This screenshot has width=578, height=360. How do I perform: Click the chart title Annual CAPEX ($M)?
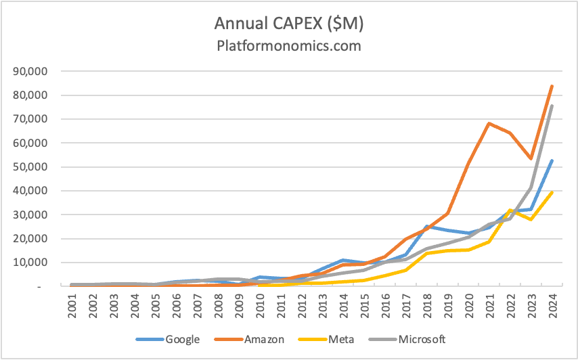click(288, 23)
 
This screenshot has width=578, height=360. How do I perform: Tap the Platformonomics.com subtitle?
click(288, 46)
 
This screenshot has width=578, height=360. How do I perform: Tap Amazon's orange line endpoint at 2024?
click(552, 86)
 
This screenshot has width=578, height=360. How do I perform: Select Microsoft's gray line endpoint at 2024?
click(552, 106)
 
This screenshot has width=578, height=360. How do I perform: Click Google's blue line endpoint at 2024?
click(552, 160)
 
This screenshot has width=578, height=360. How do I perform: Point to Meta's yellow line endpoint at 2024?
click(552, 192)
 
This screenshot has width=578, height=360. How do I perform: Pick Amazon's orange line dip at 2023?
click(531, 158)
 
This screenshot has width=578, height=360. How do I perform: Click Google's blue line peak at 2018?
click(427, 226)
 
